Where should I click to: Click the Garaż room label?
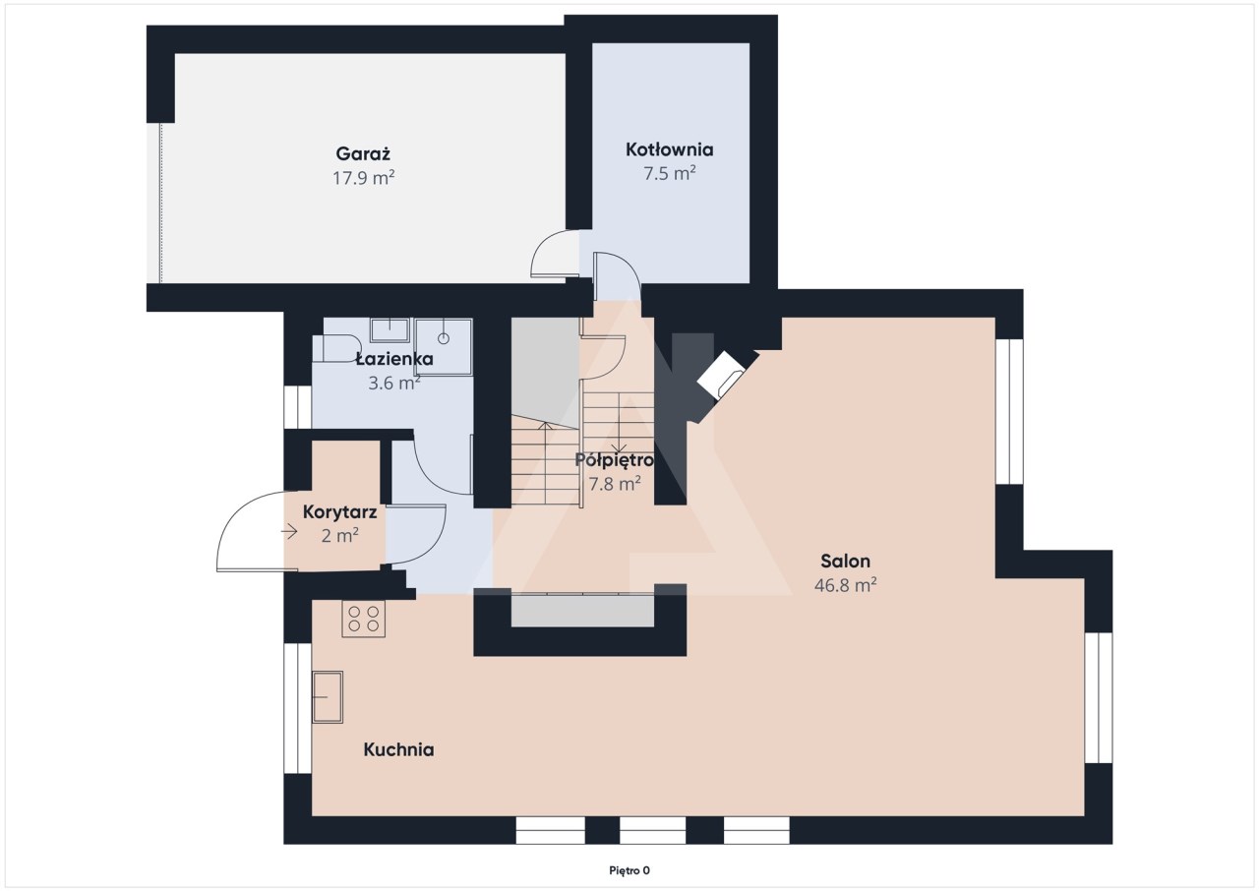click(363, 154)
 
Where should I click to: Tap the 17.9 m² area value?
click(363, 178)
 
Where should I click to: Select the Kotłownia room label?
click(670, 149)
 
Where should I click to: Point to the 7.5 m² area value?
click(670, 174)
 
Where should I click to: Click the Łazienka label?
click(394, 358)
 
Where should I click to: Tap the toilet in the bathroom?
click(336, 348)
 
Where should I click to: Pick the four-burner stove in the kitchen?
click(364, 619)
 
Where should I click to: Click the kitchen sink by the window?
click(328, 696)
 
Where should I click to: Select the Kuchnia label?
click(398, 749)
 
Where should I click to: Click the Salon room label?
click(845, 561)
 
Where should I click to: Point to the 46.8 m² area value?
click(845, 585)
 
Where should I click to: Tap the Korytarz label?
click(339, 512)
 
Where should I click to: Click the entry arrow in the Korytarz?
click(289, 531)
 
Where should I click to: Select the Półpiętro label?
click(615, 460)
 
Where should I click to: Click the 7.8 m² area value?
click(615, 484)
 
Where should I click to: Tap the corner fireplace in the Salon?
click(721, 375)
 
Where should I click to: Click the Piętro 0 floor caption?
click(629, 870)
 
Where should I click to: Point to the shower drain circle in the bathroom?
click(444, 338)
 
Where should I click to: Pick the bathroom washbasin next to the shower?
click(390, 329)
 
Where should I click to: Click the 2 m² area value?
click(339, 536)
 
